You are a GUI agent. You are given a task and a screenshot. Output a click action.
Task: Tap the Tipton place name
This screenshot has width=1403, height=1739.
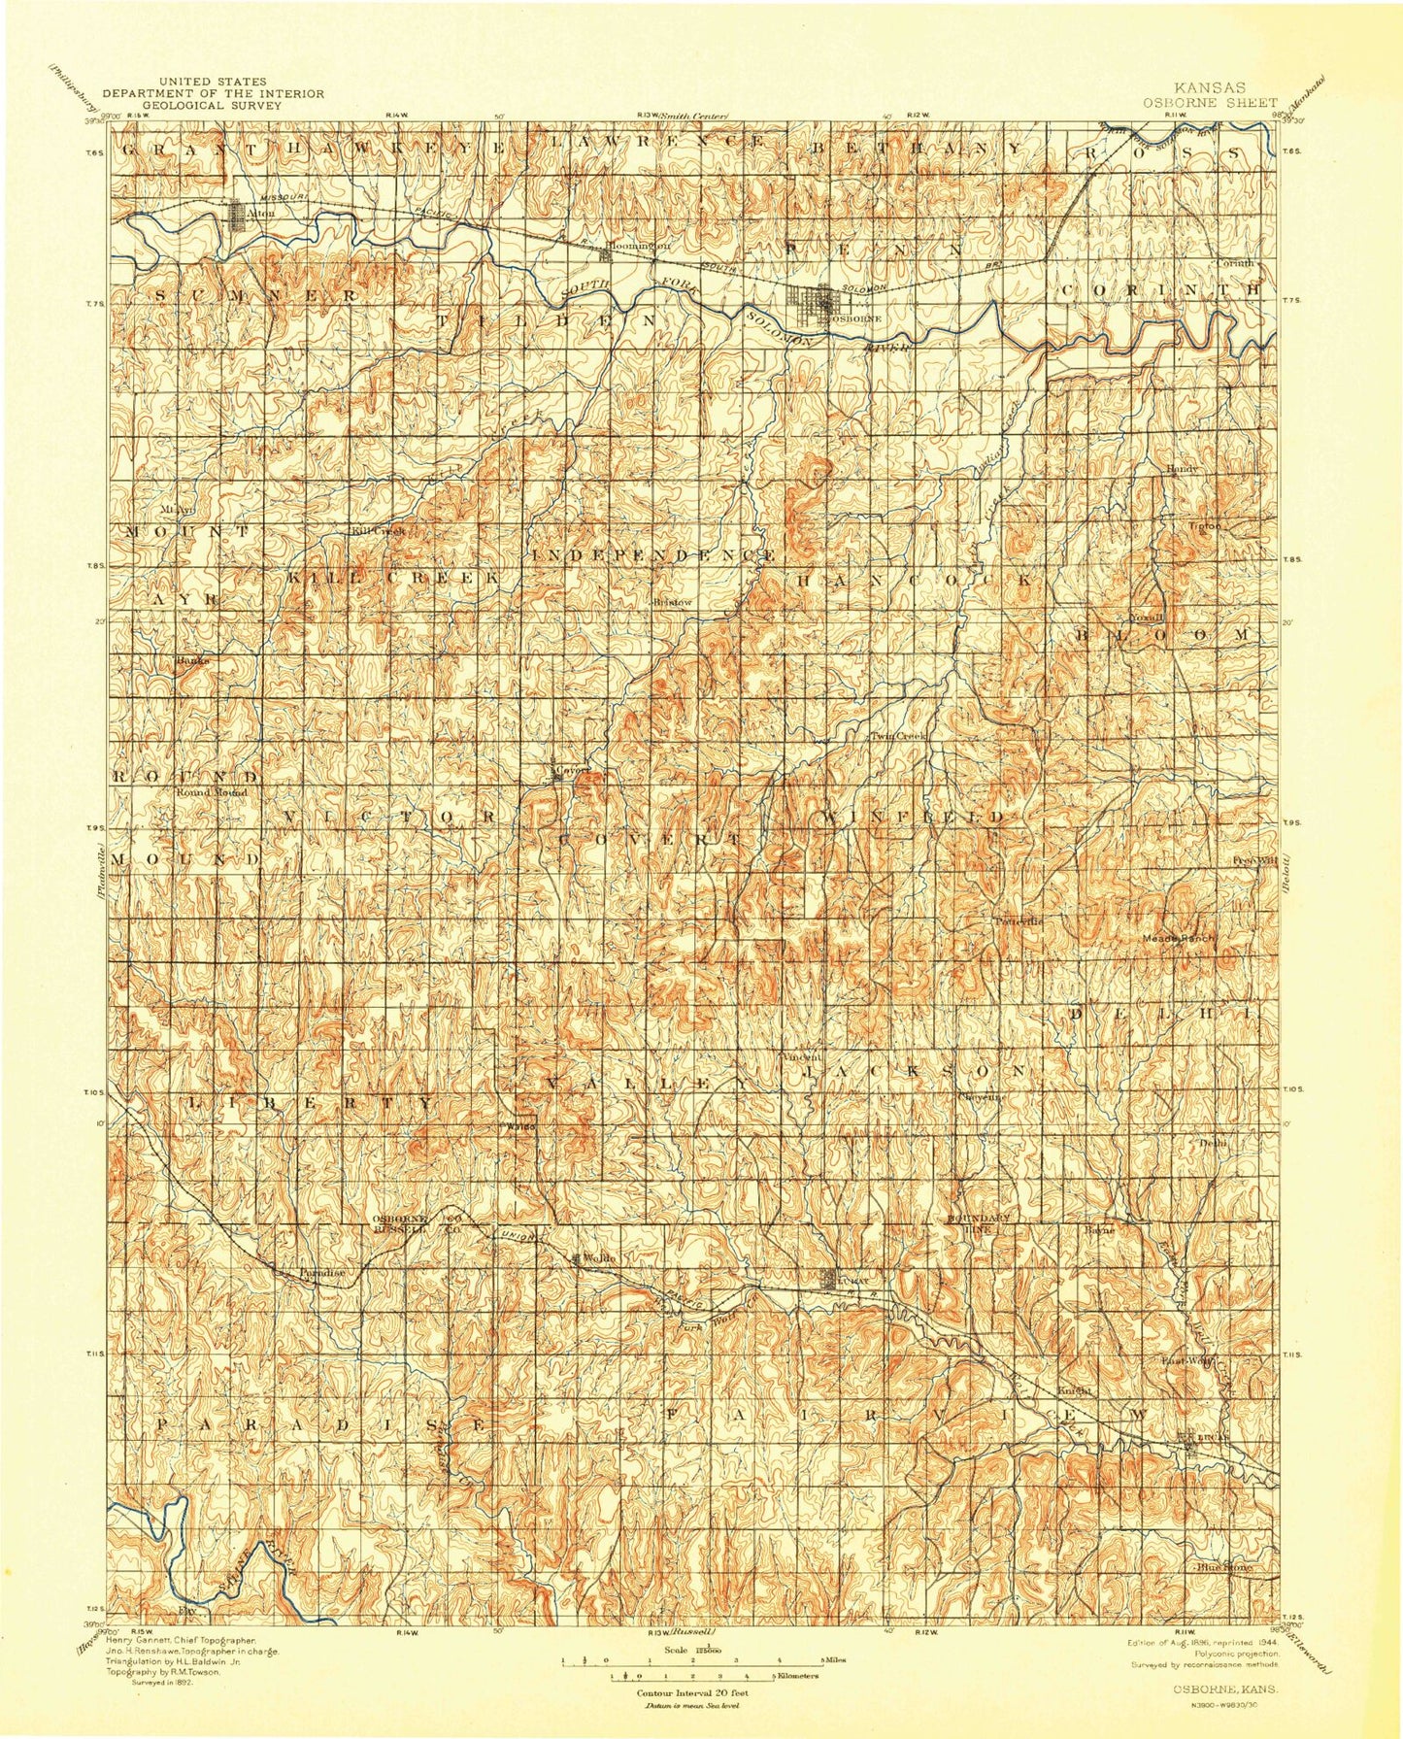click(x=1203, y=526)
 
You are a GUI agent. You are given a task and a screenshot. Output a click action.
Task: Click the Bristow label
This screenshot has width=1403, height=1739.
click(x=672, y=602)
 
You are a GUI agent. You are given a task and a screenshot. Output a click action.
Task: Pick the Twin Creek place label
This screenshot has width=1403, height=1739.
click(x=898, y=736)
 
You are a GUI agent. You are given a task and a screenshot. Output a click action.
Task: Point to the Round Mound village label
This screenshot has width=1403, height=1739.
click(x=212, y=792)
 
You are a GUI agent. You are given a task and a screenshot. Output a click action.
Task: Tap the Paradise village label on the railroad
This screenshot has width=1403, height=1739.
click(x=319, y=1272)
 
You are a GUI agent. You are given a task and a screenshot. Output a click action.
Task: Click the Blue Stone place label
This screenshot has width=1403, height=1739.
click(x=1222, y=1567)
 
